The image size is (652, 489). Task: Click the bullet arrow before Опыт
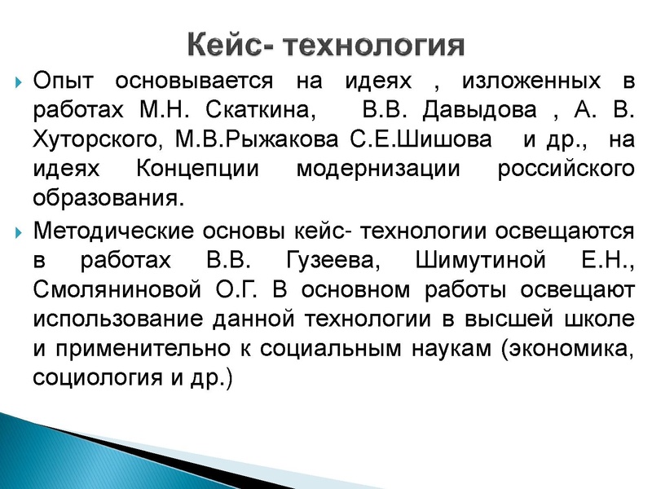pyautogui.click(x=18, y=83)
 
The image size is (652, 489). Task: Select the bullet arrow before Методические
pyautogui.click(x=18, y=230)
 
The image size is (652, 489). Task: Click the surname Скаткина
pyautogui.click(x=266, y=111)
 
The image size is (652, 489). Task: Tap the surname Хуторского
pyautogui.click(x=91, y=140)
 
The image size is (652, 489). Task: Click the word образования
pyautogui.click(x=104, y=199)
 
